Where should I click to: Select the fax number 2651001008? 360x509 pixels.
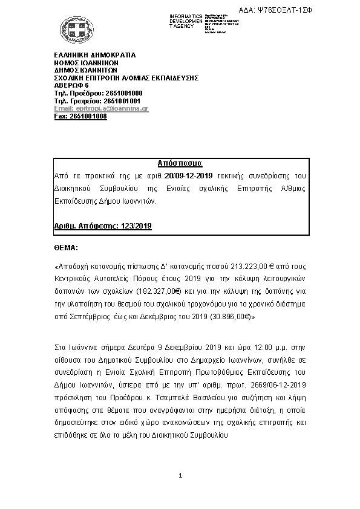pyautogui.click(x=88, y=116)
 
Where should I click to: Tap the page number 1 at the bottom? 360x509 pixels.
pyautogui.click(x=180, y=477)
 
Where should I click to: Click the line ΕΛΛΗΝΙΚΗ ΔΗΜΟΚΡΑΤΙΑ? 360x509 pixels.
pyautogui.click(x=95, y=55)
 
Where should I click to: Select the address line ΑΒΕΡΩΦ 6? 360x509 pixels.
pyautogui.click(x=71, y=85)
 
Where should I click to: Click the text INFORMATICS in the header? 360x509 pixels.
pyautogui.click(x=186, y=15)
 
